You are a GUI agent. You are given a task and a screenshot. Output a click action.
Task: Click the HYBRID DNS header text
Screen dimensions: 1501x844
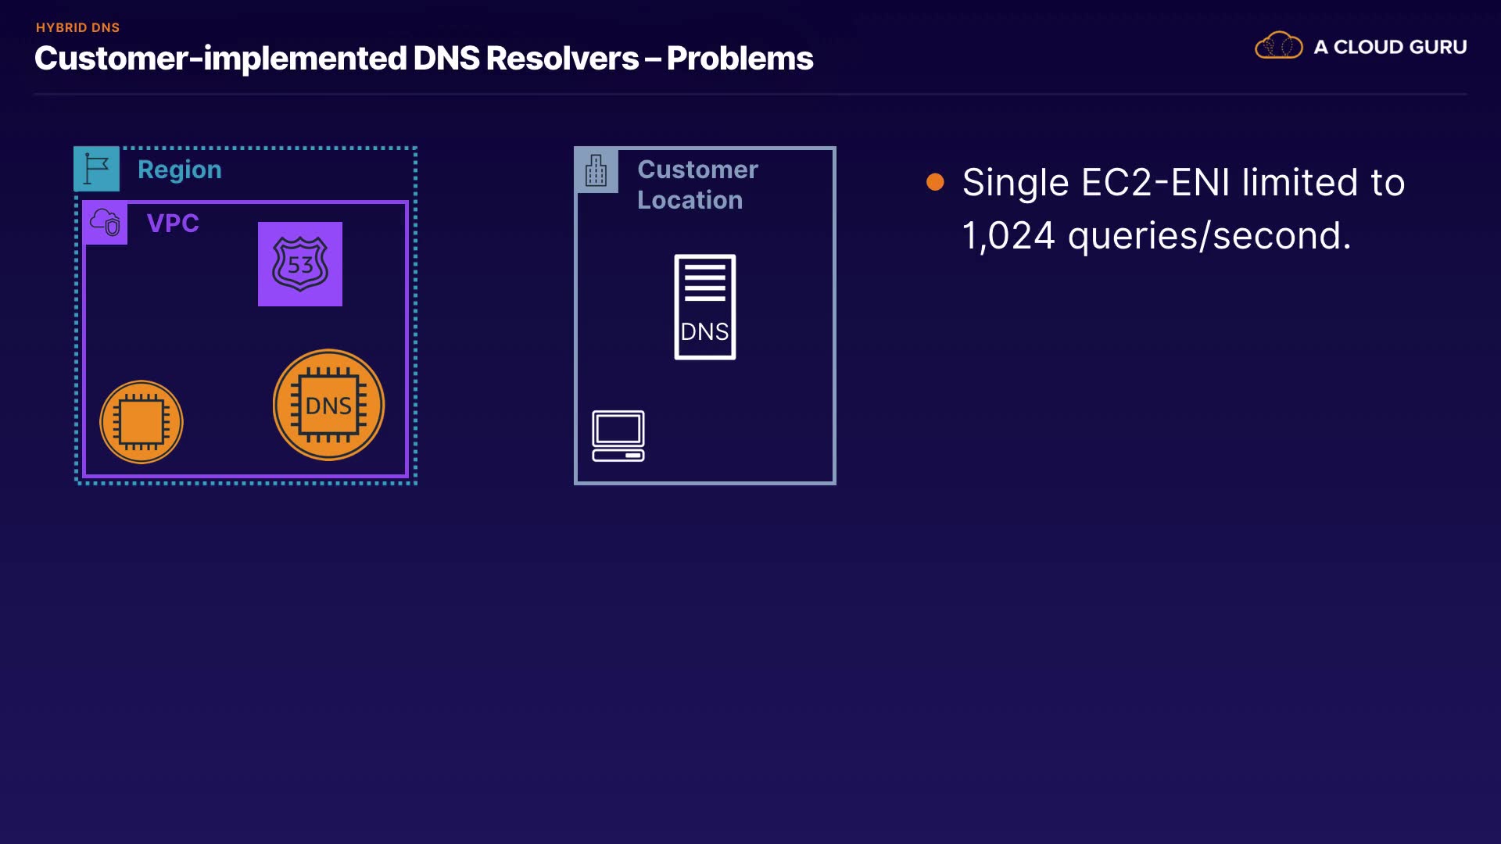(77, 27)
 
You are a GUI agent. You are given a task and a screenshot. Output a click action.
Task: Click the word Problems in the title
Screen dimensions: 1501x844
(740, 59)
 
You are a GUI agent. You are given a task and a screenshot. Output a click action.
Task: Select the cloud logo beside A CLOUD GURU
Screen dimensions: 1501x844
(1278, 46)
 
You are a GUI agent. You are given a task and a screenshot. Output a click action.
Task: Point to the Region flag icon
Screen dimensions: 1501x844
(96, 169)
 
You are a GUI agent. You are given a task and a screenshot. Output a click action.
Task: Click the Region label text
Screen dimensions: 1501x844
(180, 170)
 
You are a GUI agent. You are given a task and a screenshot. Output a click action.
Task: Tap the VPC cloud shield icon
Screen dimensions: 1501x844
(106, 223)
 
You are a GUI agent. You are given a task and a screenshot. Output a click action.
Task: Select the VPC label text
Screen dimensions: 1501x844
(173, 224)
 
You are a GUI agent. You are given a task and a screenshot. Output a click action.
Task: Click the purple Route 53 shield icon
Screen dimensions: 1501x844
(300, 264)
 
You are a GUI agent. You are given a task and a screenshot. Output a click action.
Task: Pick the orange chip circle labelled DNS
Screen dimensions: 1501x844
(328, 405)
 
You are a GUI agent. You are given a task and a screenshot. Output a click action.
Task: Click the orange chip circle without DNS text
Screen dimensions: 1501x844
(142, 422)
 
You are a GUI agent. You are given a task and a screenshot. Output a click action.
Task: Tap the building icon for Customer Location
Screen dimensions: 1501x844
(596, 170)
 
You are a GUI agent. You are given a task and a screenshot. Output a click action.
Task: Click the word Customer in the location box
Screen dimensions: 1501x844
(697, 170)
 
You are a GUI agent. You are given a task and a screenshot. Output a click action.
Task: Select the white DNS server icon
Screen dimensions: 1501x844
(704, 307)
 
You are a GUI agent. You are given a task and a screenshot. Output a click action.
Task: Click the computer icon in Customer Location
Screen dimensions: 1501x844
(618, 435)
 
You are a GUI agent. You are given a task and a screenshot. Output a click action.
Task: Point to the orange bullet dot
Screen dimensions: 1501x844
(935, 182)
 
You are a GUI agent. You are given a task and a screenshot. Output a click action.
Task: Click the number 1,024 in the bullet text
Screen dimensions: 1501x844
(1008, 236)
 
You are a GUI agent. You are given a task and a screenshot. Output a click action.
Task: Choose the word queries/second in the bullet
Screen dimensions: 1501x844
(1209, 236)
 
